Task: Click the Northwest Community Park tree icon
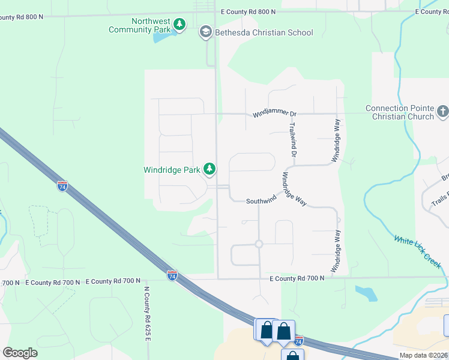point(179,25)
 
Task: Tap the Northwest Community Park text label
point(139,25)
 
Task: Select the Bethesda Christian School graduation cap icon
point(206,32)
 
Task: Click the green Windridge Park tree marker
point(209,170)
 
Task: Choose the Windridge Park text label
point(171,170)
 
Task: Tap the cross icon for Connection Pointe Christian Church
point(442,111)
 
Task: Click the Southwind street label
point(261,201)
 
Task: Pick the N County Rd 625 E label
point(147,313)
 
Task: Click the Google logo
point(20,353)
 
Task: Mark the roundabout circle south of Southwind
point(259,244)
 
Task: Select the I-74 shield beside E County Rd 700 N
point(172,275)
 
